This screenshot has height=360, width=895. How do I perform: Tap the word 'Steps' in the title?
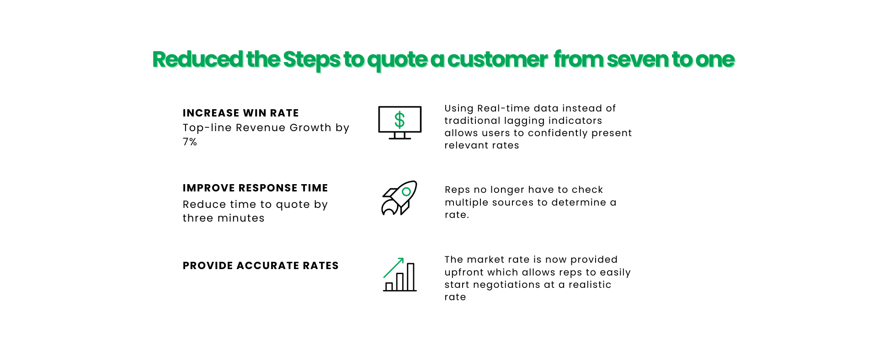(x=312, y=60)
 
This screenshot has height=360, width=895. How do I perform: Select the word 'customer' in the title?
(x=497, y=60)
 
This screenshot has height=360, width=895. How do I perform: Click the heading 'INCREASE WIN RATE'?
(x=240, y=113)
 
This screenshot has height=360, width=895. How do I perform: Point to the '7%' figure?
(x=190, y=142)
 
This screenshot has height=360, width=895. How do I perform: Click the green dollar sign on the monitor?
(x=400, y=120)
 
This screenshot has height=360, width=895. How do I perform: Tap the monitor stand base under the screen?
(x=400, y=138)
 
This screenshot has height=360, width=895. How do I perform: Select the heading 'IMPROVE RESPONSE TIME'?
(x=255, y=188)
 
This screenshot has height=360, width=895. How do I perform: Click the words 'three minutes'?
(x=224, y=218)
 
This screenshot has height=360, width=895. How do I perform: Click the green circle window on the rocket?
(x=406, y=192)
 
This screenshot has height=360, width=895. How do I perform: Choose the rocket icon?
(x=399, y=198)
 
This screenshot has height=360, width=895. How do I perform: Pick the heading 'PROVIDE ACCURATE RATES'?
(x=261, y=265)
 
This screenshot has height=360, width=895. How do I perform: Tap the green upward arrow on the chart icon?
(x=394, y=267)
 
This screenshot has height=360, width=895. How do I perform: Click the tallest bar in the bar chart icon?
(x=410, y=277)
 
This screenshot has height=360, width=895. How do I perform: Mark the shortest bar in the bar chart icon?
(x=389, y=286)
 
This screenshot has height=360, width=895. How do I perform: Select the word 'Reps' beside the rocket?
(x=457, y=190)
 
